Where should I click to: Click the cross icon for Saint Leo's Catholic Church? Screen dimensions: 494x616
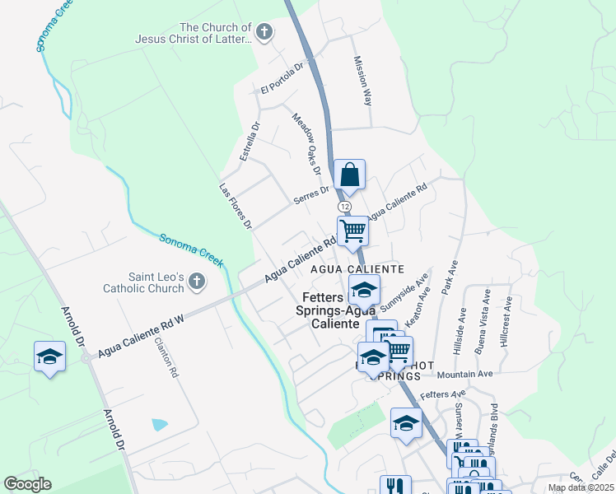click(196, 282)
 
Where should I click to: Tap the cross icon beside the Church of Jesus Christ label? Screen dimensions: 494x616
click(264, 33)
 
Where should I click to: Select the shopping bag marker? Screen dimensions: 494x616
click(349, 175)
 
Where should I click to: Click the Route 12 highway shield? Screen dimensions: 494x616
click(343, 206)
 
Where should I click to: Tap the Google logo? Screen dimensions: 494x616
click(27, 484)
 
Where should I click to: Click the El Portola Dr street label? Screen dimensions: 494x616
click(282, 77)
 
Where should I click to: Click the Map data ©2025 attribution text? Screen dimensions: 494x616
click(581, 487)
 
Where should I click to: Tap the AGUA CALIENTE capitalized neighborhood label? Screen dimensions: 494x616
click(357, 269)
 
